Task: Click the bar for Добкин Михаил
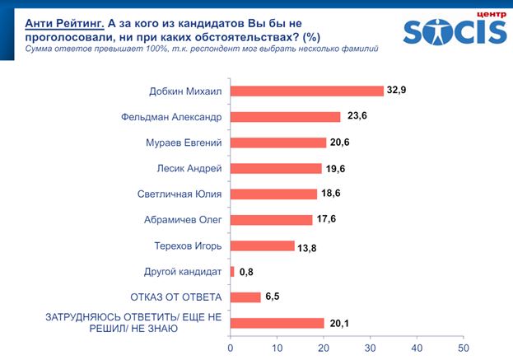[x=307, y=91]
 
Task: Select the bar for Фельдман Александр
[x=285, y=116]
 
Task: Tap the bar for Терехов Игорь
[x=262, y=245]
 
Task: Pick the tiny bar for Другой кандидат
[x=232, y=271]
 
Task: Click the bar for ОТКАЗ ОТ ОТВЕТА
[x=245, y=297]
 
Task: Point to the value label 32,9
[x=399, y=91]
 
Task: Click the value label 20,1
[x=340, y=323]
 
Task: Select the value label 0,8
[x=247, y=271]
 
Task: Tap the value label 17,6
[x=329, y=220]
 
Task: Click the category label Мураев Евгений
[x=184, y=143]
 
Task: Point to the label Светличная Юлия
[x=180, y=194]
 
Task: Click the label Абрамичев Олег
[x=184, y=220]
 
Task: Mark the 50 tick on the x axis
[x=463, y=348]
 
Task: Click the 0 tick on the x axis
[x=231, y=348]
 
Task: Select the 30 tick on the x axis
[x=370, y=348]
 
